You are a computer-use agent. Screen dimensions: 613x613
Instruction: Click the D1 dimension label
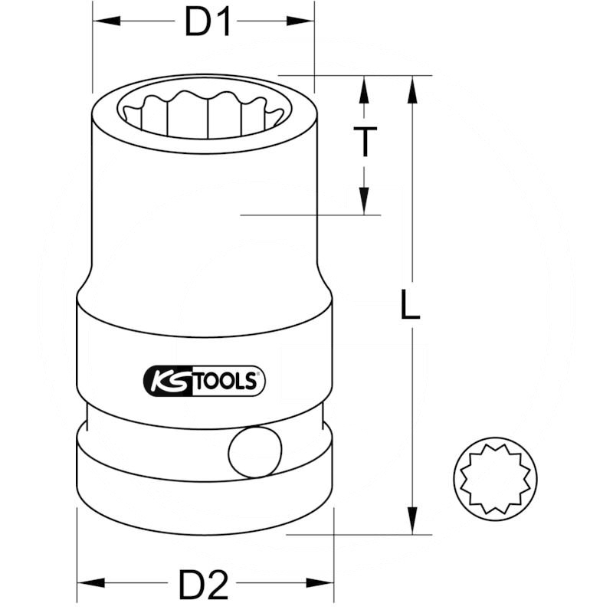tap(208, 23)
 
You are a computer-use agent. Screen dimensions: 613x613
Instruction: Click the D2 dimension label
tap(204, 586)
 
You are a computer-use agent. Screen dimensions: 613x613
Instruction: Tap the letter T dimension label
tap(366, 142)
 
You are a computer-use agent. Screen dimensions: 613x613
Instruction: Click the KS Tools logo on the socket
tap(204, 381)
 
